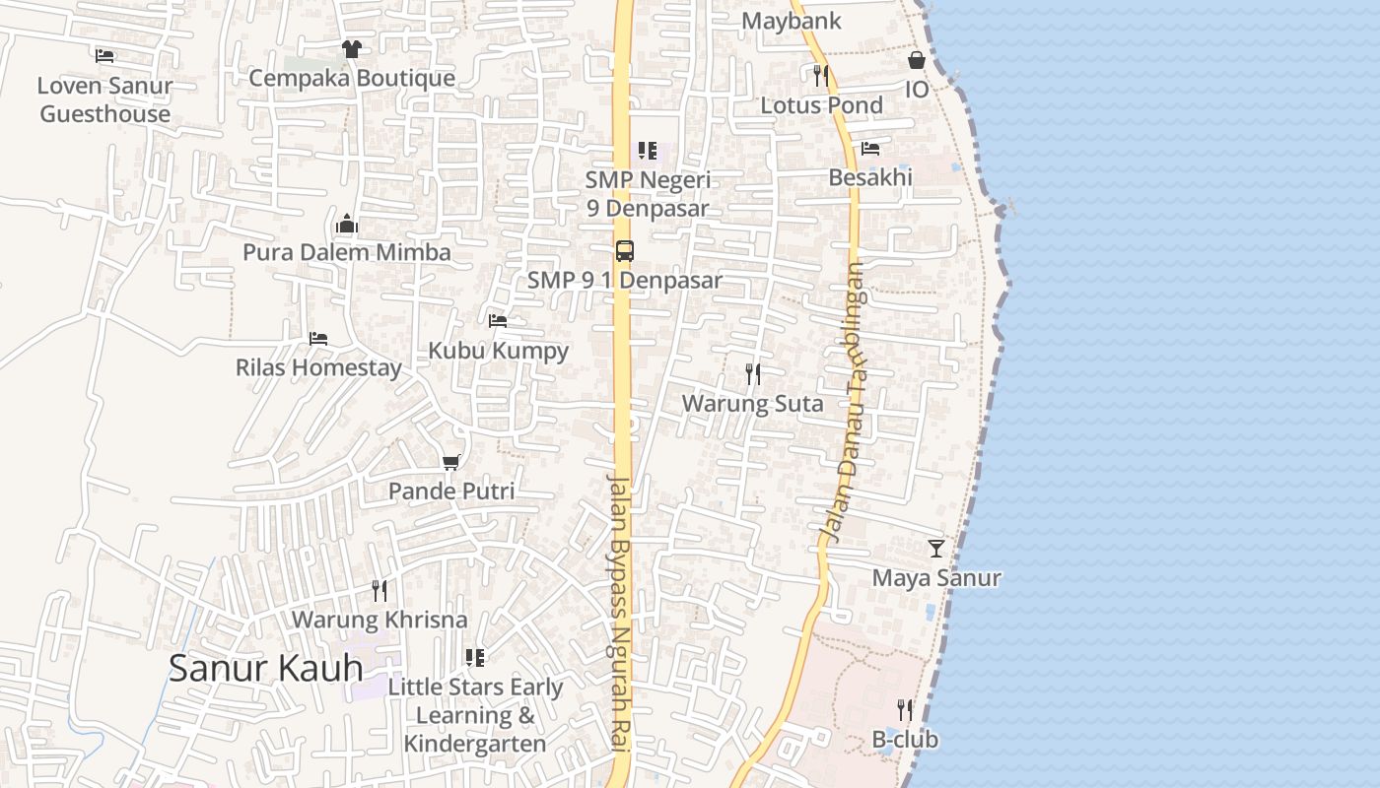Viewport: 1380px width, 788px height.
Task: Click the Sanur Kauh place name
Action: pyautogui.click(x=265, y=668)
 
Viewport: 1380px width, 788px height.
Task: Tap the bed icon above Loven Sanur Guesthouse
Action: pyautogui.click(x=104, y=56)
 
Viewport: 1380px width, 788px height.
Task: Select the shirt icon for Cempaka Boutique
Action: pyautogui.click(x=351, y=48)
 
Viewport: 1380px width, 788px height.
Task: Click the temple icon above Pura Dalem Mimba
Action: pyautogui.click(x=346, y=224)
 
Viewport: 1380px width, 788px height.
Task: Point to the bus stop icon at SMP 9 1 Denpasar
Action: pyautogui.click(x=624, y=250)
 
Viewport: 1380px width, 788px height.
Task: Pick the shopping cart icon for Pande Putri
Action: pyautogui.click(x=451, y=462)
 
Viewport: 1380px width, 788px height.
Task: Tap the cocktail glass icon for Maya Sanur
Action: pyautogui.click(x=936, y=549)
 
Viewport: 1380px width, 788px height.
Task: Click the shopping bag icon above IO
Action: pyautogui.click(x=917, y=61)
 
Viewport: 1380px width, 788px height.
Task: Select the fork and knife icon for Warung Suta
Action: pyautogui.click(x=753, y=374)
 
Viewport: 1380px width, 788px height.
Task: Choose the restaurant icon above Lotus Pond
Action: pyautogui.click(x=821, y=75)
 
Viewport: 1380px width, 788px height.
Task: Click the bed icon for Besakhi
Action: pyautogui.click(x=870, y=149)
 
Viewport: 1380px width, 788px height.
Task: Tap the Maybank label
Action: pyautogui.click(x=792, y=21)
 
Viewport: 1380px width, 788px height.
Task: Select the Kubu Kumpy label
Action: pyautogui.click(x=498, y=351)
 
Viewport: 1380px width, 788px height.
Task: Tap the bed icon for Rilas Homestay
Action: pyautogui.click(x=317, y=339)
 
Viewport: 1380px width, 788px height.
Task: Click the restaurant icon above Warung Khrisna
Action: pyautogui.click(x=379, y=590)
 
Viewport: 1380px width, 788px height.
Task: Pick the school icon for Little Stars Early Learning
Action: pyautogui.click(x=475, y=657)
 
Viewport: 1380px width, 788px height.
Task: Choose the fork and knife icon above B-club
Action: pyautogui.click(x=905, y=709)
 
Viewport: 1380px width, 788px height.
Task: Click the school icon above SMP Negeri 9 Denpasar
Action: pyautogui.click(x=648, y=151)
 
